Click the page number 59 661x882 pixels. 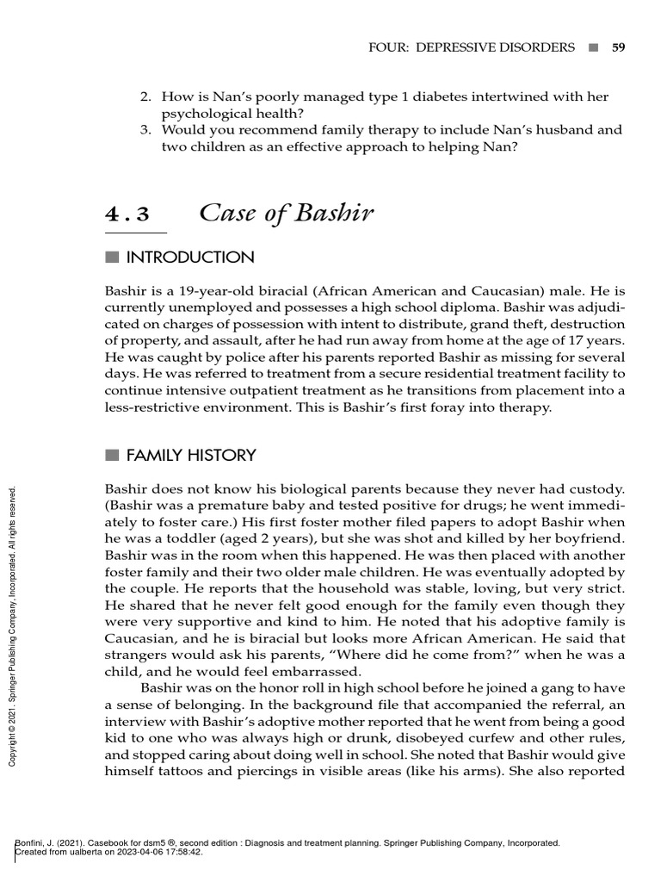(618, 47)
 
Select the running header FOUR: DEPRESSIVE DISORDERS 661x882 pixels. (471, 47)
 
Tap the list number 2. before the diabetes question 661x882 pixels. (146, 97)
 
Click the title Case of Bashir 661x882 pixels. (286, 213)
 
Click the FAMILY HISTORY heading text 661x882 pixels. (191, 455)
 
